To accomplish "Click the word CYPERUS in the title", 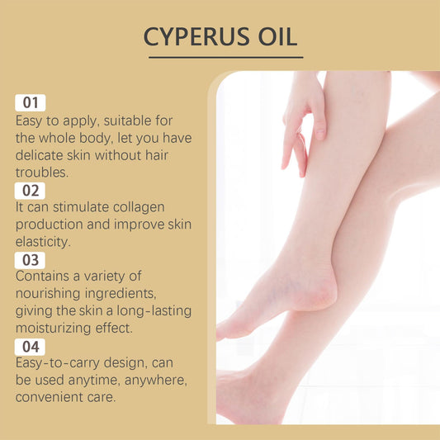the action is [x=196, y=37].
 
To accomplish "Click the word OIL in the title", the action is [x=277, y=37].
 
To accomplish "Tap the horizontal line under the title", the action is [x=226, y=58].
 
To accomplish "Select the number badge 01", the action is [x=31, y=102].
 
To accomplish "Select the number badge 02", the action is [x=30, y=191].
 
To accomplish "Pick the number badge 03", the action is [x=30, y=260].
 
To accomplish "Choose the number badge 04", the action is [x=30, y=347].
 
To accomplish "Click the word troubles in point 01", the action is [x=42, y=173].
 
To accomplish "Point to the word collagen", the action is [x=139, y=208].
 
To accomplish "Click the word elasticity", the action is [x=43, y=242].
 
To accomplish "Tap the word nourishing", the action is [x=48, y=294].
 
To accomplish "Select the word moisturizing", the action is [x=53, y=329].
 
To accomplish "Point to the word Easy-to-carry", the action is [x=58, y=363].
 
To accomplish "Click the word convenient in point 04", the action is [x=49, y=397].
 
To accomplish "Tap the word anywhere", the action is [x=156, y=381].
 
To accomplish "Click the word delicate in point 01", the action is [x=39, y=155].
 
